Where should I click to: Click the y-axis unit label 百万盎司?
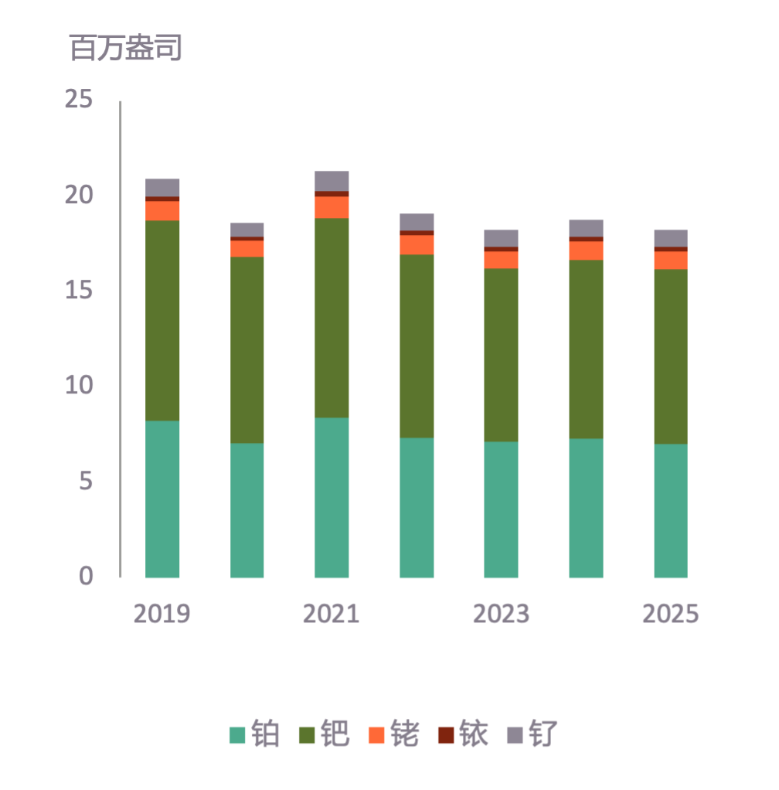pyautogui.click(x=126, y=48)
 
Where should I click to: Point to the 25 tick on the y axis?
pyautogui.click(x=79, y=100)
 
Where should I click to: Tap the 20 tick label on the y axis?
pyautogui.click(x=79, y=196)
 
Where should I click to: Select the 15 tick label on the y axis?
pyautogui.click(x=79, y=291)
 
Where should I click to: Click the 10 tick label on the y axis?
pyautogui.click(x=79, y=386)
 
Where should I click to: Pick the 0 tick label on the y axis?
pyautogui.click(x=85, y=576)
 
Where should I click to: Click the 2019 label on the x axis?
pyautogui.click(x=162, y=614)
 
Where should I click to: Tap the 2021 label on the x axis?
pyautogui.click(x=332, y=614)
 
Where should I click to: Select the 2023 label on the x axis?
pyautogui.click(x=501, y=614)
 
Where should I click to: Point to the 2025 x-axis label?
pyautogui.click(x=671, y=614)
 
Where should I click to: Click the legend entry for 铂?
pyautogui.click(x=255, y=734)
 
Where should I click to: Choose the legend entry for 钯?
pyautogui.click(x=325, y=734)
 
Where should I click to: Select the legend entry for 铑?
pyautogui.click(x=394, y=734)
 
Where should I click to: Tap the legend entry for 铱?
pyautogui.click(x=464, y=734)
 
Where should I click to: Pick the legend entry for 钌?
pyautogui.click(x=532, y=734)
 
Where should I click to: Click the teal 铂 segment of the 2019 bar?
pyautogui.click(x=162, y=499)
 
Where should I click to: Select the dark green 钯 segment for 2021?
pyautogui.click(x=332, y=318)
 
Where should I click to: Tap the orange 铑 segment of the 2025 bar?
pyautogui.click(x=671, y=260)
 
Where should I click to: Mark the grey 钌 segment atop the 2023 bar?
pyautogui.click(x=501, y=237)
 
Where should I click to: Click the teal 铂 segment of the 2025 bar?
pyautogui.click(x=671, y=510)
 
